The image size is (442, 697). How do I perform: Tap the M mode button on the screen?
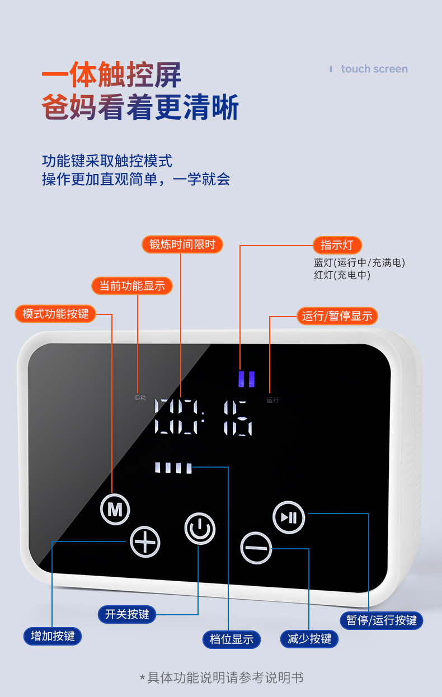(x=115, y=510)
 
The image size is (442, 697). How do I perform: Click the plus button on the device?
(x=145, y=541)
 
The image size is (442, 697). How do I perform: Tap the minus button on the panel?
(x=256, y=547)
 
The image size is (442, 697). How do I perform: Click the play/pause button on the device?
(x=289, y=517)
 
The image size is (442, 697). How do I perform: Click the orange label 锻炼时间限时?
(x=182, y=244)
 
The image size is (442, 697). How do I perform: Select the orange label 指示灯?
(x=337, y=245)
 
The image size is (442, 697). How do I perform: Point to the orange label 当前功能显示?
(x=132, y=286)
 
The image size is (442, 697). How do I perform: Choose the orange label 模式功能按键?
(x=55, y=313)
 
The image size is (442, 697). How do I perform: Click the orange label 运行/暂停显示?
(x=337, y=316)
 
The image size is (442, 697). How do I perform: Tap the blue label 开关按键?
(x=127, y=614)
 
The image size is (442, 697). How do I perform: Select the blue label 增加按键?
(x=53, y=636)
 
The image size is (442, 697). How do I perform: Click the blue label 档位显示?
(x=232, y=639)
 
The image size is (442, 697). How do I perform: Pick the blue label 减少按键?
(x=309, y=639)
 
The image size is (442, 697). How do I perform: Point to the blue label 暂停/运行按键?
(x=382, y=620)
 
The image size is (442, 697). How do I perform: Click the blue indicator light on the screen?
(x=246, y=379)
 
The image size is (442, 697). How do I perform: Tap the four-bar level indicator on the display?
(x=173, y=468)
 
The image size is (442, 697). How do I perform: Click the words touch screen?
(x=374, y=69)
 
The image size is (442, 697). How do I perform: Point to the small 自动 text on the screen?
(x=140, y=398)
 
